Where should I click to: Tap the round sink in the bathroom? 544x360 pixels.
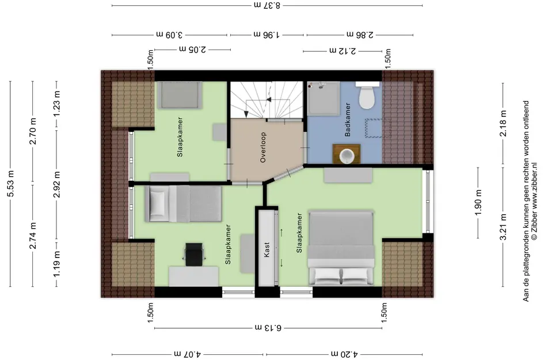[346, 155]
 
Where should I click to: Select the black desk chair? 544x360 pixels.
[194, 255]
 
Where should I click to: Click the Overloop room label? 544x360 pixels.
[263, 147]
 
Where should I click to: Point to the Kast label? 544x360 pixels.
[267, 249]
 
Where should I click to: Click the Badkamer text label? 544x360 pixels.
[347, 119]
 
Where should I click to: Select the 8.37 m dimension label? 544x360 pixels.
[267, 5]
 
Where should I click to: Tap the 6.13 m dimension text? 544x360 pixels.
[268, 327]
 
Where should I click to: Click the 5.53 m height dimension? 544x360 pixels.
[11, 184]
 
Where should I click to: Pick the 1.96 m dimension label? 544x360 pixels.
[267, 35]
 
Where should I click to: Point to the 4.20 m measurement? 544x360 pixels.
[344, 354]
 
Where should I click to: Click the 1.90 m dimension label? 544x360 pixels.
[478, 202]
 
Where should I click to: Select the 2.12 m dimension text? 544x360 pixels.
[343, 51]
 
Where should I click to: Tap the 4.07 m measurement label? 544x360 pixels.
[187, 354]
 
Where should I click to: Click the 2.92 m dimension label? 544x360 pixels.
[57, 184]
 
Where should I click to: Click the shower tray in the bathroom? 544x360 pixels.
[324, 98]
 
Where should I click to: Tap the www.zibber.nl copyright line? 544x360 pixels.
[534, 202]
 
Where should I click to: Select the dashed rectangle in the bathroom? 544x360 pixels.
[378, 128]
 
